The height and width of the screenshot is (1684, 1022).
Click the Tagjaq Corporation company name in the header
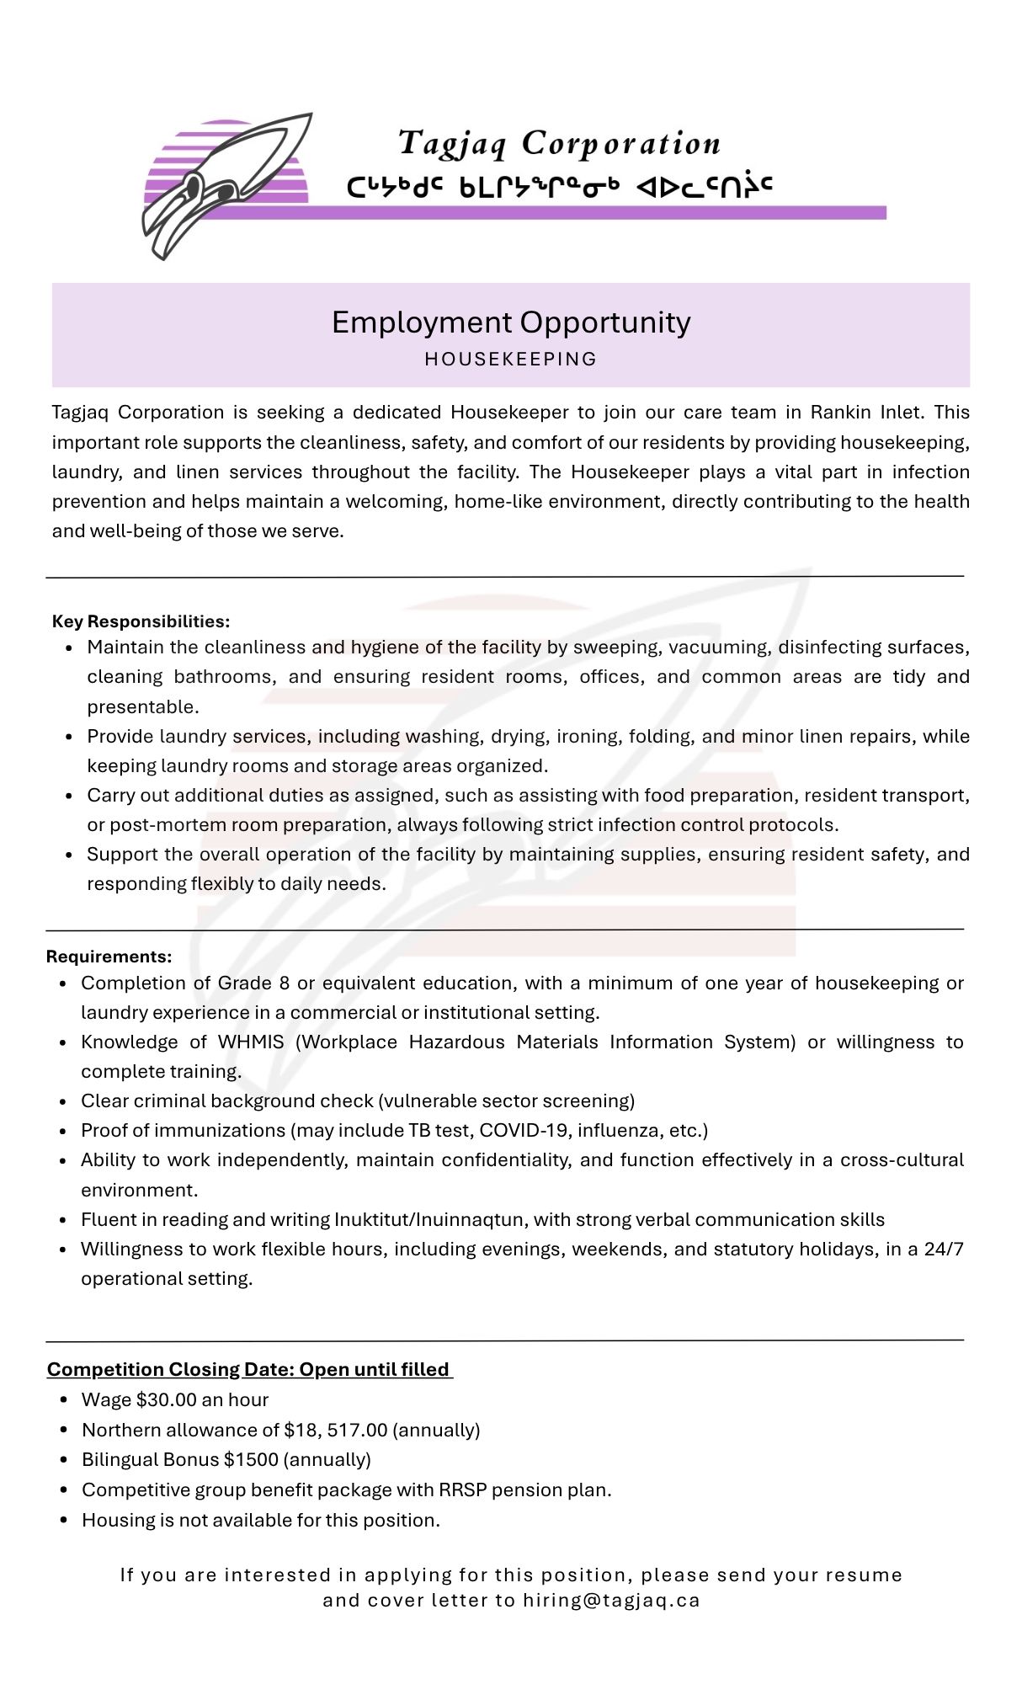[x=559, y=144]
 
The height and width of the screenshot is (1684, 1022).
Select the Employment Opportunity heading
[x=511, y=322]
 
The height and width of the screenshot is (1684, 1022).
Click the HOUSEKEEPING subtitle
[x=511, y=360]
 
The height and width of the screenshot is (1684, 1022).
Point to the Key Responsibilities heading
[x=141, y=621]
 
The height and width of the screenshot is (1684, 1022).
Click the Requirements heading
[x=109, y=957]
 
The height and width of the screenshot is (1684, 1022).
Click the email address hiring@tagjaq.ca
[x=611, y=1601]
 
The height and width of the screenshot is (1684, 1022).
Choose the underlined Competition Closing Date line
[x=248, y=1370]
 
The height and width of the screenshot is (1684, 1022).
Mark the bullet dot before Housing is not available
[x=64, y=1521]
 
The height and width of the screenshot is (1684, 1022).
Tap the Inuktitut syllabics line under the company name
[x=559, y=186]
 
